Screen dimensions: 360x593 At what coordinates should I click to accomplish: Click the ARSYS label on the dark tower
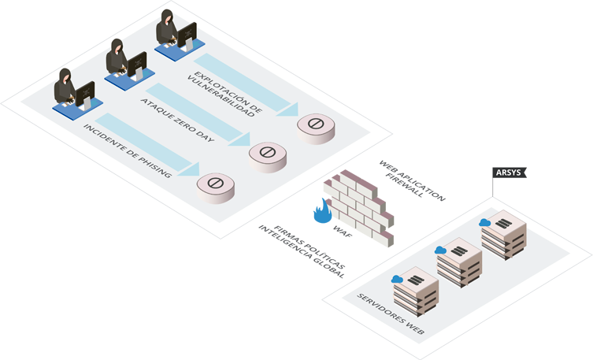point(508,172)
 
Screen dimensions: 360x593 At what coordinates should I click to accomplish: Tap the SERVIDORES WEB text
point(391,314)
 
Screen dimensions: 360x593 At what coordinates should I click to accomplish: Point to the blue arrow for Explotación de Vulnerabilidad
point(245,83)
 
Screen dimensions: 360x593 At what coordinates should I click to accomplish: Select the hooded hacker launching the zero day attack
point(117,58)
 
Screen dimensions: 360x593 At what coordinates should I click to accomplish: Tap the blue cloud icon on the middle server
point(441,251)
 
